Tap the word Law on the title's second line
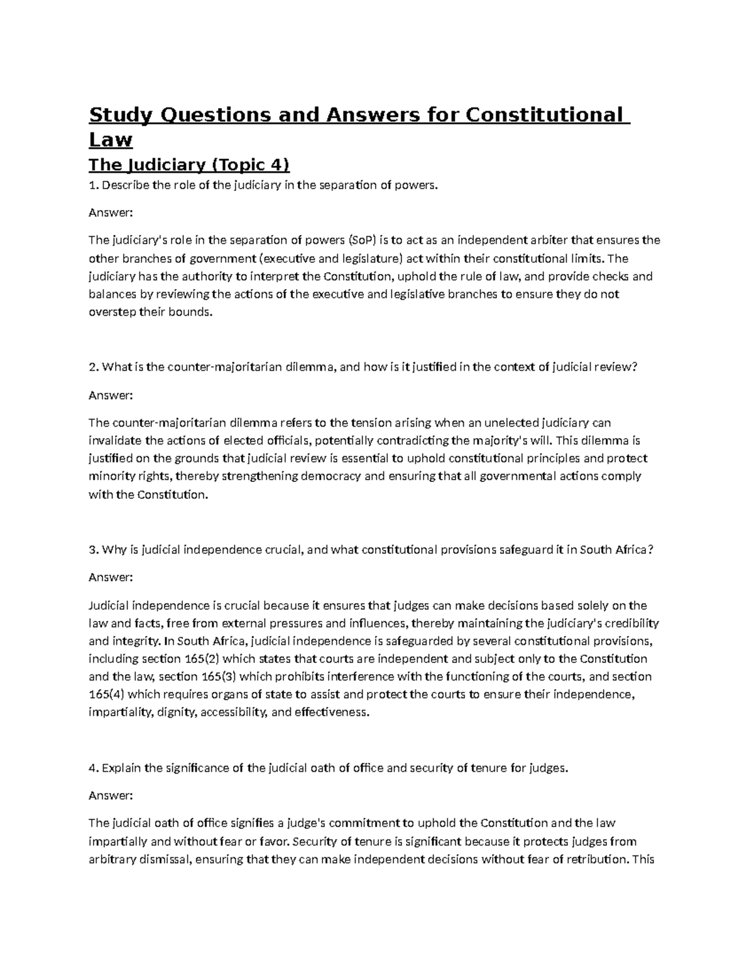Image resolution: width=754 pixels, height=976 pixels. click(x=111, y=140)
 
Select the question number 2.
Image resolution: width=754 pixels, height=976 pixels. click(x=93, y=368)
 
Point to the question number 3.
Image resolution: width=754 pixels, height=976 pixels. click(x=93, y=550)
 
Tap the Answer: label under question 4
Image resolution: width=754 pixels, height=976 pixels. click(x=111, y=795)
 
